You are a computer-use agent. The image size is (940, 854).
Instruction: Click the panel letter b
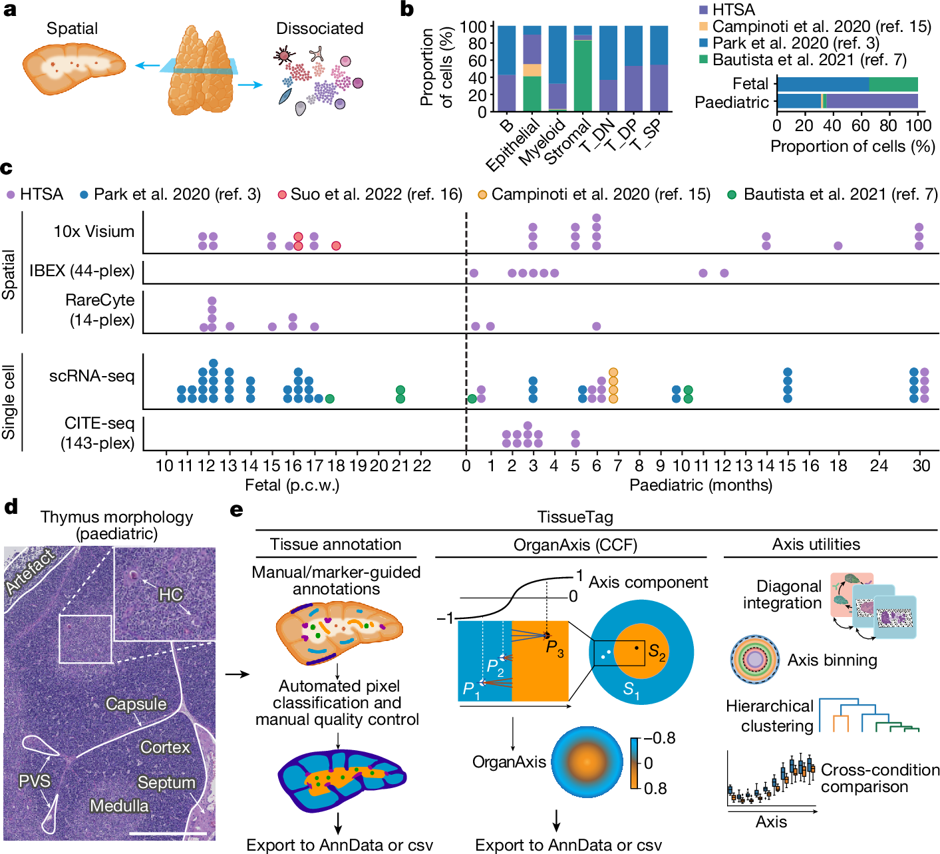pos(406,9)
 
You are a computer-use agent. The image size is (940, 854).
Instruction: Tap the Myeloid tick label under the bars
pos(542,142)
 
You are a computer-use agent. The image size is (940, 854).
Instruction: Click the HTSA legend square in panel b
pos(703,10)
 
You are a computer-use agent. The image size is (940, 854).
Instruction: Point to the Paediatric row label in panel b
pos(731,102)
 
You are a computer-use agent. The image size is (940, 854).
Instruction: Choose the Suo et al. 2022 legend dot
pos(282,194)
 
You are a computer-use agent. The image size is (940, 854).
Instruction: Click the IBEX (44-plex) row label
pos(82,271)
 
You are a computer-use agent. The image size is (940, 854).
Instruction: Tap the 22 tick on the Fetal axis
pos(422,465)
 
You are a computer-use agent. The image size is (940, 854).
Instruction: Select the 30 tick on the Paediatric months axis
pos(921,465)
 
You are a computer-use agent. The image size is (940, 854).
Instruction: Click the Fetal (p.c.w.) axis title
pos(292,485)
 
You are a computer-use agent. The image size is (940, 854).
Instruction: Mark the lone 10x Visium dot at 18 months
pos(838,246)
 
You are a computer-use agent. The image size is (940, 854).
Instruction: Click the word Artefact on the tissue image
pos(30,571)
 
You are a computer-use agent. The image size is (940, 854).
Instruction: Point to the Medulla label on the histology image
pos(119,805)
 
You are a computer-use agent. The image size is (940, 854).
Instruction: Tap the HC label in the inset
pos(170,594)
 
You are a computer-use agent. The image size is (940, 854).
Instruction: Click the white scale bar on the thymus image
pos(168,832)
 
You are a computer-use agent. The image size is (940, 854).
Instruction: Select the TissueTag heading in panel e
pos(575,517)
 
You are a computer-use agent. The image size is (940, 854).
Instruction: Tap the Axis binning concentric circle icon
pos(755,660)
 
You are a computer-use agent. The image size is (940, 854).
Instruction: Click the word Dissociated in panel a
pos(319,29)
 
